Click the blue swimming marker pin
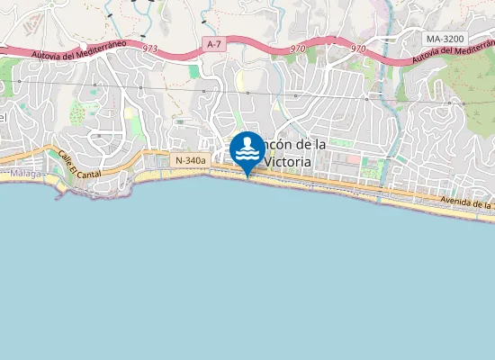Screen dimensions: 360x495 (247, 149)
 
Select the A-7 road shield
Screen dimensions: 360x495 (213, 43)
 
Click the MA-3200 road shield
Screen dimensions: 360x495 (446, 40)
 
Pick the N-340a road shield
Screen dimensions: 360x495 (190, 160)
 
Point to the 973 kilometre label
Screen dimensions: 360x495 (150, 48)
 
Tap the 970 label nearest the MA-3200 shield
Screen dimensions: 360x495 (358, 48)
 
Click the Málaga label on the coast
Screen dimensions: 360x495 (27, 174)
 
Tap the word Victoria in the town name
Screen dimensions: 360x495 (286, 162)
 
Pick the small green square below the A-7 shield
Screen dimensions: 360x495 (194, 71)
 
